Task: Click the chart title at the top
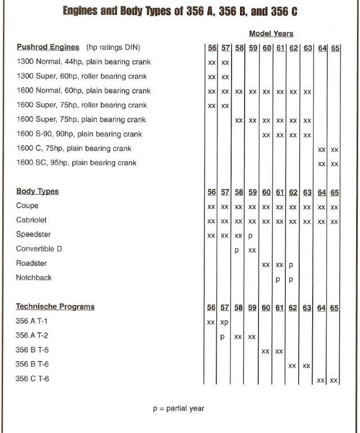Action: pyautogui.click(x=180, y=11)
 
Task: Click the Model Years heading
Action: pyautogui.click(x=271, y=34)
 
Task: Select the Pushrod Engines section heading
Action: pyautogui.click(x=48, y=47)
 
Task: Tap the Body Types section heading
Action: pyautogui.click(x=37, y=192)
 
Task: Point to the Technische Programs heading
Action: pyautogui.click(x=55, y=307)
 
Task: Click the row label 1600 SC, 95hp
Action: pyautogui.click(x=77, y=163)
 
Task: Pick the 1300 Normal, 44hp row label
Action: pyautogui.click(x=83, y=61)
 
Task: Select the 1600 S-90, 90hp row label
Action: pyautogui.click(x=79, y=134)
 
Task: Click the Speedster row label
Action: pyautogui.click(x=33, y=235)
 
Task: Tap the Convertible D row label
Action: pyautogui.click(x=39, y=249)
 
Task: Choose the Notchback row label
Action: pyautogui.click(x=34, y=278)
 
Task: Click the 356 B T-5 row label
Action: pyautogui.click(x=32, y=350)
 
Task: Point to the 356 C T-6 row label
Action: pyautogui.click(x=32, y=379)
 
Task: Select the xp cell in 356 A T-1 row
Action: pyautogui.click(x=224, y=322)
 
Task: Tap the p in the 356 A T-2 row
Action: pyautogui.click(x=223, y=337)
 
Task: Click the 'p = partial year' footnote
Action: pyautogui.click(x=178, y=408)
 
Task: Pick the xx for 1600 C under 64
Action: pyautogui.click(x=322, y=149)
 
